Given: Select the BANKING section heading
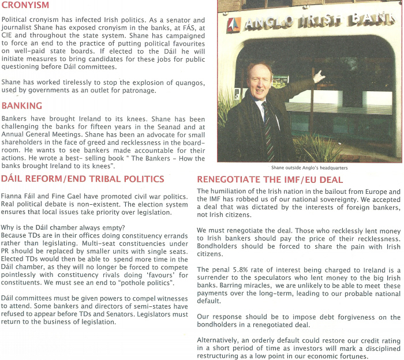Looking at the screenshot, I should pyautogui.click(x=21, y=106).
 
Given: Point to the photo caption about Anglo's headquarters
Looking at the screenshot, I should pyautogui.click(x=309, y=168).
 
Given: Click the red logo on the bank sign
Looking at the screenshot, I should pyautogui.click(x=234, y=24).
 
